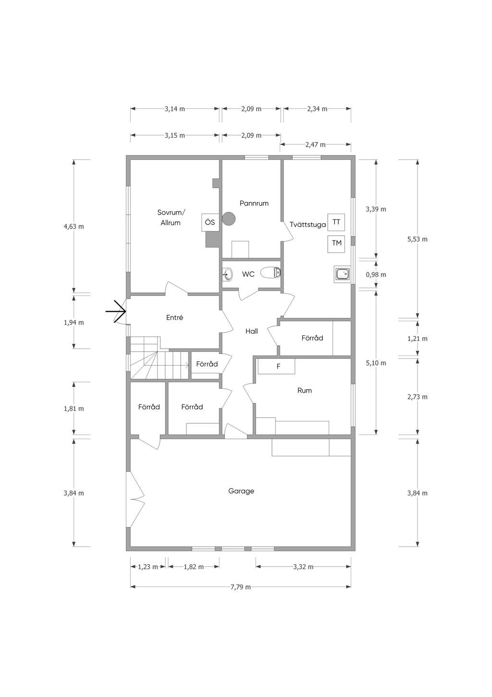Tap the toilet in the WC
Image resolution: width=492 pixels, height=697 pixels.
tap(271, 273)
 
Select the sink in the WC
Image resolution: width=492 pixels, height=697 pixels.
tap(228, 274)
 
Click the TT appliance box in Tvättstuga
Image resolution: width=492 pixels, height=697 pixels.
tap(336, 222)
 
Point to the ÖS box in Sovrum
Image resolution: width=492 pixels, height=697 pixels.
tap(210, 223)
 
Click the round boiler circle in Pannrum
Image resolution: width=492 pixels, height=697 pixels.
tap(229, 218)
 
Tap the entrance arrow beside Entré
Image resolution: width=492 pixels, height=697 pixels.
tap(116, 311)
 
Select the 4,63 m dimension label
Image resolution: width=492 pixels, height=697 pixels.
tap(74, 226)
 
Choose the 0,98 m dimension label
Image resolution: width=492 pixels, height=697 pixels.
tap(376, 275)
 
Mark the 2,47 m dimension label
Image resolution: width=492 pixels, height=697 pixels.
tap(316, 144)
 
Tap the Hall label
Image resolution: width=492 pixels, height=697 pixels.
tap(251, 331)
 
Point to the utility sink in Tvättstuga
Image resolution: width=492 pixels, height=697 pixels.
tap(343, 274)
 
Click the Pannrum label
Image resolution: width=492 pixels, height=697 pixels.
tap(254, 203)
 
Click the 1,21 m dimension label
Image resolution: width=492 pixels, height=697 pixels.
tap(418, 338)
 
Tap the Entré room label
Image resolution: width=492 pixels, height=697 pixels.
tap(174, 317)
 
